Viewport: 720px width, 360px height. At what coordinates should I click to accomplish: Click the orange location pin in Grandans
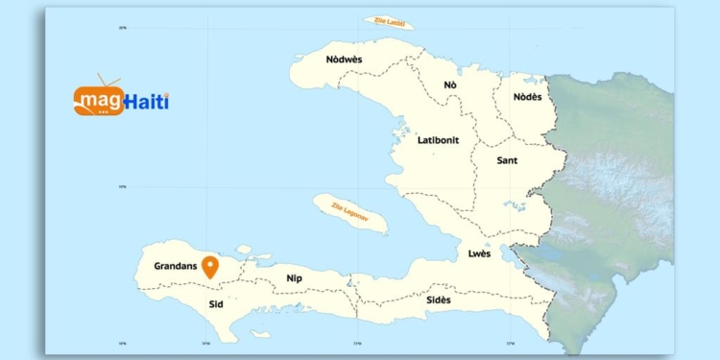point(209,265)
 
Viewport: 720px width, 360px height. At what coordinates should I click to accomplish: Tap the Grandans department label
point(175,265)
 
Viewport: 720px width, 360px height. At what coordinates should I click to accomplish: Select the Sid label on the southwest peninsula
point(216,302)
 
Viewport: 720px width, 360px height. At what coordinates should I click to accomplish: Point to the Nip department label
point(295,278)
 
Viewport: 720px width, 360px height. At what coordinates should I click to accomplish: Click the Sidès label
point(439,300)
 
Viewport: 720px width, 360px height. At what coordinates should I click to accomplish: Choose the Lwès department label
point(479,253)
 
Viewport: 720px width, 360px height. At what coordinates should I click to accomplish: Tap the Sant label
point(507,160)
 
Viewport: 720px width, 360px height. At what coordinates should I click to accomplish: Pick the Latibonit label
point(438,140)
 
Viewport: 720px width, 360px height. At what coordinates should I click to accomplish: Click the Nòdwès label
point(344,60)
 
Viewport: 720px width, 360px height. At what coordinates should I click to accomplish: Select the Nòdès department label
point(527,96)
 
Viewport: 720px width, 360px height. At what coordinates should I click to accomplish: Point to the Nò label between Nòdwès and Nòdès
point(450,85)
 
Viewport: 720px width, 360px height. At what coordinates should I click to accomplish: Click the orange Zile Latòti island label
point(389,21)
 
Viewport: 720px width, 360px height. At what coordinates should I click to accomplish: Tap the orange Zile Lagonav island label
point(349,212)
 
